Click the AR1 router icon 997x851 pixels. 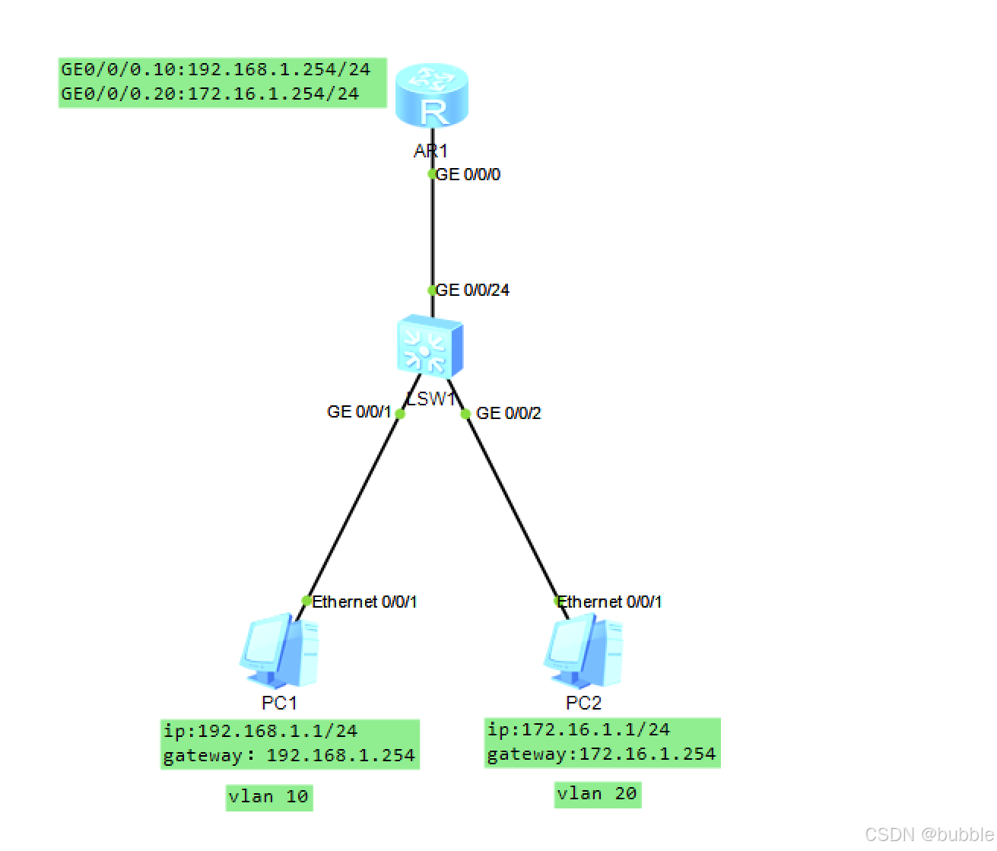click(432, 96)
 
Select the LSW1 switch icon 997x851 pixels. click(430, 347)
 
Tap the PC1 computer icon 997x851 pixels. click(279, 652)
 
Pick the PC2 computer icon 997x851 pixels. click(583, 652)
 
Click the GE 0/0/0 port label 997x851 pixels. click(468, 175)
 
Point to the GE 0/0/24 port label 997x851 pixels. click(472, 291)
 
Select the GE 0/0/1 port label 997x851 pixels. click(359, 412)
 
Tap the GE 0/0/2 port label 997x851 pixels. click(508, 414)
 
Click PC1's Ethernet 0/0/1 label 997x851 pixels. click(364, 602)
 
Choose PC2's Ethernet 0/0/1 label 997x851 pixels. click(610, 602)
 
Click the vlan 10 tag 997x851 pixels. click(268, 797)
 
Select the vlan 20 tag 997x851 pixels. click(597, 794)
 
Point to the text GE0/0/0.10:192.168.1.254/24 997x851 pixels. click(216, 70)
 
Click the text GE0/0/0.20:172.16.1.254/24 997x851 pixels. click(210, 94)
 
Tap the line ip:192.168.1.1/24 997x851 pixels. click(260, 732)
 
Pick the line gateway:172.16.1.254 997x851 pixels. click(602, 754)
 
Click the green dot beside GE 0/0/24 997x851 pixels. click(432, 291)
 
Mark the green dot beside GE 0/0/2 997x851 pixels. click(465, 414)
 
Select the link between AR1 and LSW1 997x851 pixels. click(433, 232)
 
